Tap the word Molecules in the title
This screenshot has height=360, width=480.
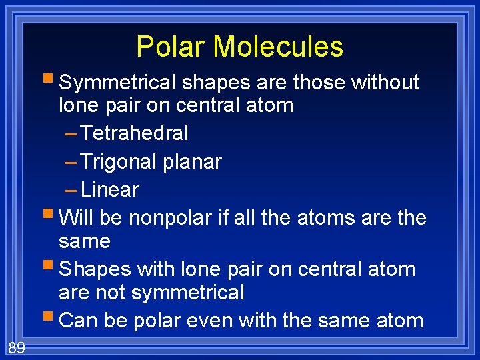pyautogui.click(x=279, y=47)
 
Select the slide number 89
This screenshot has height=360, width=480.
pyautogui.click(x=17, y=347)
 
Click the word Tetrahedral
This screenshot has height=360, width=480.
pyautogui.click(x=134, y=133)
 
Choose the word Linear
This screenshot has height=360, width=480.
pyautogui.click(x=109, y=190)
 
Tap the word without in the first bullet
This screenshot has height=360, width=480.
pyautogui.click(x=385, y=83)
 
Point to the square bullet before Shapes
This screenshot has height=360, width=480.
pyautogui.click(x=51, y=268)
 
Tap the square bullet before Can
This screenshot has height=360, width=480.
pyautogui.click(x=51, y=319)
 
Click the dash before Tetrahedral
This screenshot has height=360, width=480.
pyautogui.click(x=71, y=133)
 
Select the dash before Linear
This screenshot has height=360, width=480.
pyautogui.click(x=71, y=190)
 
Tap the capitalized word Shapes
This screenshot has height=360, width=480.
pyautogui.click(x=95, y=269)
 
